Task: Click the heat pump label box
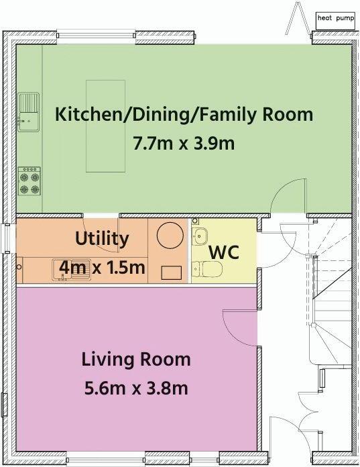coord(336,21)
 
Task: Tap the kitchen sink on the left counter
coord(29,112)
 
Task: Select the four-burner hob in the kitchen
coord(29,181)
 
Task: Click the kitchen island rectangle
coord(106,126)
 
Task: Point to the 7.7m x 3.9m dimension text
coord(184,144)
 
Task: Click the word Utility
coord(102,239)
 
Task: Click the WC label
coord(224,252)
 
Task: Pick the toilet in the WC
coord(207,268)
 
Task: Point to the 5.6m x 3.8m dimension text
coord(136,388)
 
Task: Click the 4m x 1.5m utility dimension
coord(102,268)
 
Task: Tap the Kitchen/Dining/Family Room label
coord(184,115)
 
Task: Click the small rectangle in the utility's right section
coord(172,273)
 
